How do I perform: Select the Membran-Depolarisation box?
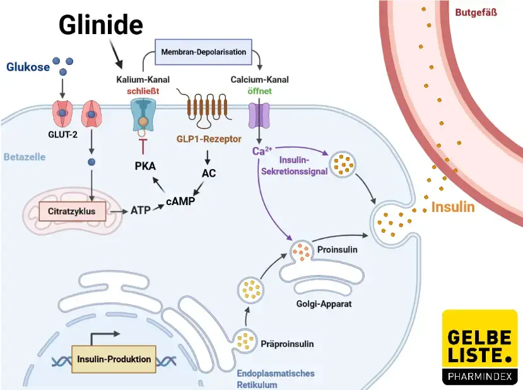click(x=203, y=52)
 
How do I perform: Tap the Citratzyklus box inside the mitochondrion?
click(x=71, y=211)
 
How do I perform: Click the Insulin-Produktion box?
click(x=114, y=359)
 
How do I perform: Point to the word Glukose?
click(x=28, y=67)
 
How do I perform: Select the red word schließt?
click(x=143, y=90)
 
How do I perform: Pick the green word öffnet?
click(x=259, y=90)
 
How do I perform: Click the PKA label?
click(x=145, y=167)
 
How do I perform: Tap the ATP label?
click(x=140, y=210)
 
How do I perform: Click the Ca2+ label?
click(x=262, y=151)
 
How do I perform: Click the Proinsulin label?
click(x=337, y=249)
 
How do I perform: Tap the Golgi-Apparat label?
click(x=324, y=304)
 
